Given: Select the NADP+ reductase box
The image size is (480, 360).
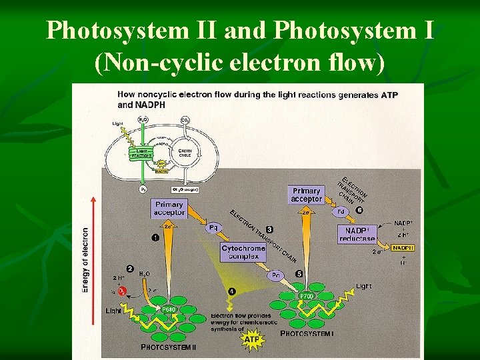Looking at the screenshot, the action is [357, 235].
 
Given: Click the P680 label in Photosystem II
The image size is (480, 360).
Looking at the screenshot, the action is [170, 309].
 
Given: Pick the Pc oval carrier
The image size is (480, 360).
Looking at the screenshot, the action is [276, 275].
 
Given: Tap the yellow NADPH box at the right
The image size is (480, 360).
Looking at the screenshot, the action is [403, 248].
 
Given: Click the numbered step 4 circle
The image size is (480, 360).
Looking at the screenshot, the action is [231, 290].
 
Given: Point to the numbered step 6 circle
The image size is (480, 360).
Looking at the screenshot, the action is [360, 209].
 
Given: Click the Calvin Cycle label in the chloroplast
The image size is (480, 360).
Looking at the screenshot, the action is [185, 153].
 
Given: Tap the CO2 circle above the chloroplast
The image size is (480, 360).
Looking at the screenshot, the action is [185, 121].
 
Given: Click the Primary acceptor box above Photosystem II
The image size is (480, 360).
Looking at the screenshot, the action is [169, 208].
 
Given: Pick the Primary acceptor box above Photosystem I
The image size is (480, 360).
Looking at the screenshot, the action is [306, 195].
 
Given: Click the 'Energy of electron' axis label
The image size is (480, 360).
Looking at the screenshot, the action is [85, 260].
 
